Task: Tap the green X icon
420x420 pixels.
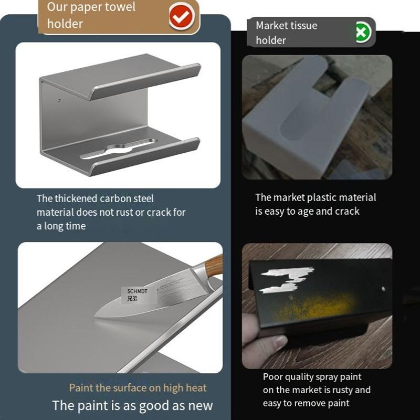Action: click(362, 33)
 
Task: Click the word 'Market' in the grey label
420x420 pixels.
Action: click(272, 25)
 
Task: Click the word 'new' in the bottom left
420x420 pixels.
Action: click(201, 405)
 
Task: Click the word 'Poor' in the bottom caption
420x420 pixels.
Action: click(273, 376)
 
